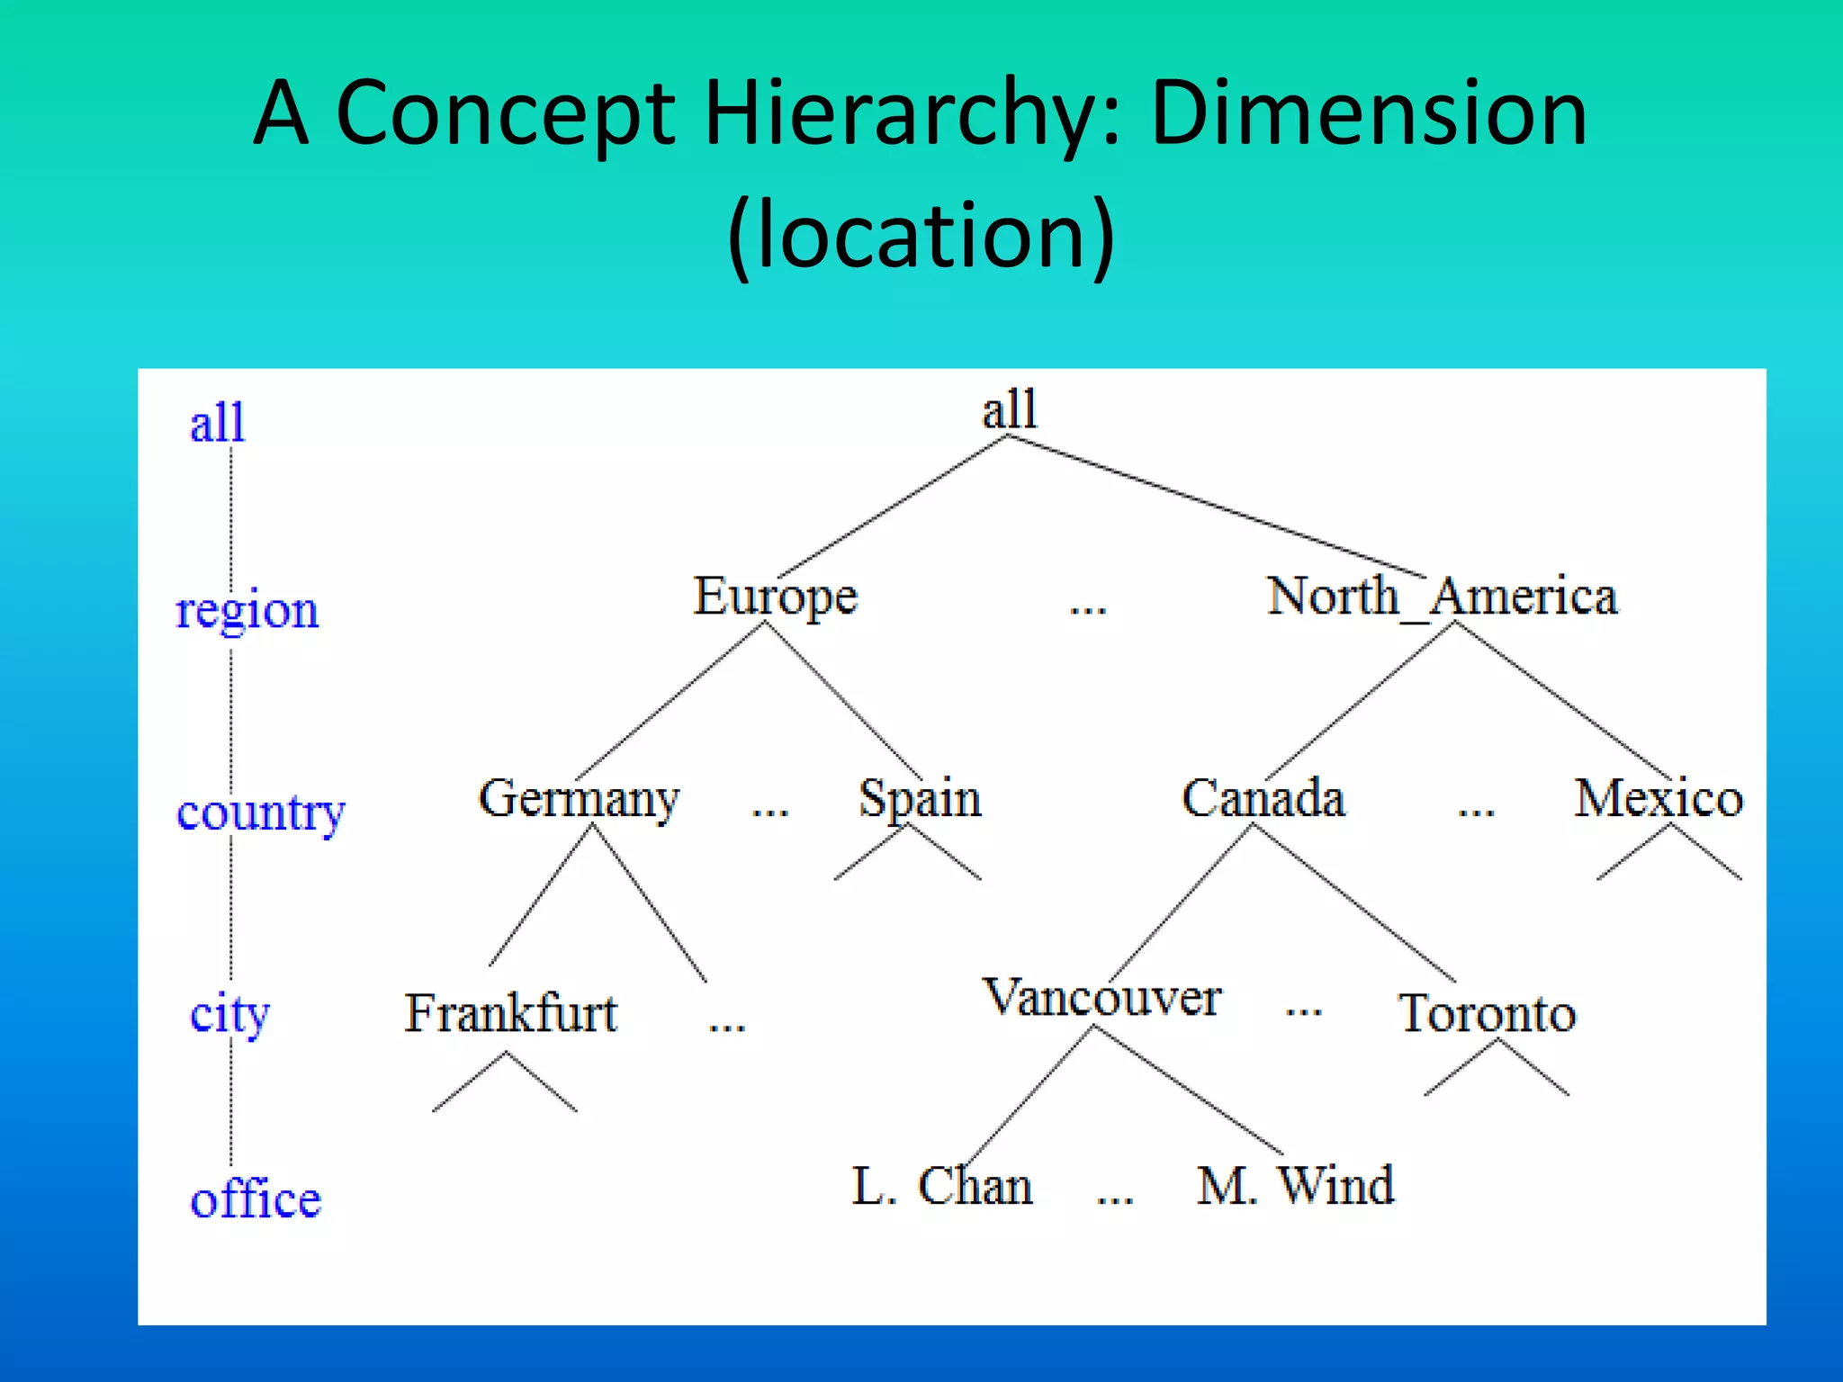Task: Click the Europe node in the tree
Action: [775, 597]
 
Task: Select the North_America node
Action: [1442, 596]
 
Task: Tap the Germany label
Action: [579, 799]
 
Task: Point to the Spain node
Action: [919, 799]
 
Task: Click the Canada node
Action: [1263, 798]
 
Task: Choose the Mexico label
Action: [1658, 798]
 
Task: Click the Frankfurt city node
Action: [510, 1013]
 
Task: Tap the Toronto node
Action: [1487, 1013]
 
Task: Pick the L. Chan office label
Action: [941, 1186]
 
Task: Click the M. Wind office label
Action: [1295, 1185]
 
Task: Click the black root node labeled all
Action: [1009, 410]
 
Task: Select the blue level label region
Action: [247, 611]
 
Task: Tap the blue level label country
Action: [260, 812]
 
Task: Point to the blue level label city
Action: [229, 1015]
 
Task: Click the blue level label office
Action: [255, 1199]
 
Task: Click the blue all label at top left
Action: [217, 422]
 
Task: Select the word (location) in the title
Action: [921, 236]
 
